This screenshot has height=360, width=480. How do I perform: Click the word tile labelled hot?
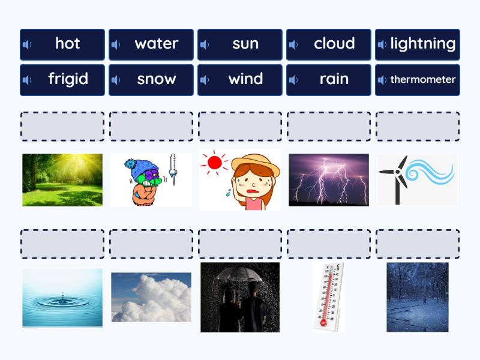(x=62, y=44)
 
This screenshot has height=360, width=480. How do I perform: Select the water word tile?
(x=151, y=44)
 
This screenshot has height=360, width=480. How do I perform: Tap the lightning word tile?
(x=417, y=44)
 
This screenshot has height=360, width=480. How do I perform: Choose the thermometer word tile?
(x=417, y=80)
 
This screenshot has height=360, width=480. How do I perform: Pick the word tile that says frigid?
(x=62, y=80)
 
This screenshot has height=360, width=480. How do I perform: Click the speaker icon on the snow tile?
(x=116, y=80)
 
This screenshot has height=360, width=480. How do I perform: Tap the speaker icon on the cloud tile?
(x=293, y=44)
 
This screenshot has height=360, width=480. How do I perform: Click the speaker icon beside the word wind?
(x=205, y=80)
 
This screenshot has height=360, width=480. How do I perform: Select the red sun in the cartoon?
(x=214, y=163)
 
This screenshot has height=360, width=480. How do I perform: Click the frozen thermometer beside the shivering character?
(x=173, y=169)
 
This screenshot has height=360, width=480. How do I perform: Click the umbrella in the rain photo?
(x=240, y=275)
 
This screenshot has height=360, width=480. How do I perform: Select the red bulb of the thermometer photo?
(x=323, y=323)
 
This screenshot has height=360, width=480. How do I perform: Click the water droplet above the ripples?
(x=63, y=295)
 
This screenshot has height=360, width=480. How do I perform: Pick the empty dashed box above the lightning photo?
(x=329, y=127)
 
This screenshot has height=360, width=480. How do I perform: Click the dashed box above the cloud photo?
(x=151, y=244)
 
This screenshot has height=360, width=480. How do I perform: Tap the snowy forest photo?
(x=417, y=297)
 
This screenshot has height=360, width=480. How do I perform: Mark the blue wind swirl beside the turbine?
(x=430, y=173)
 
